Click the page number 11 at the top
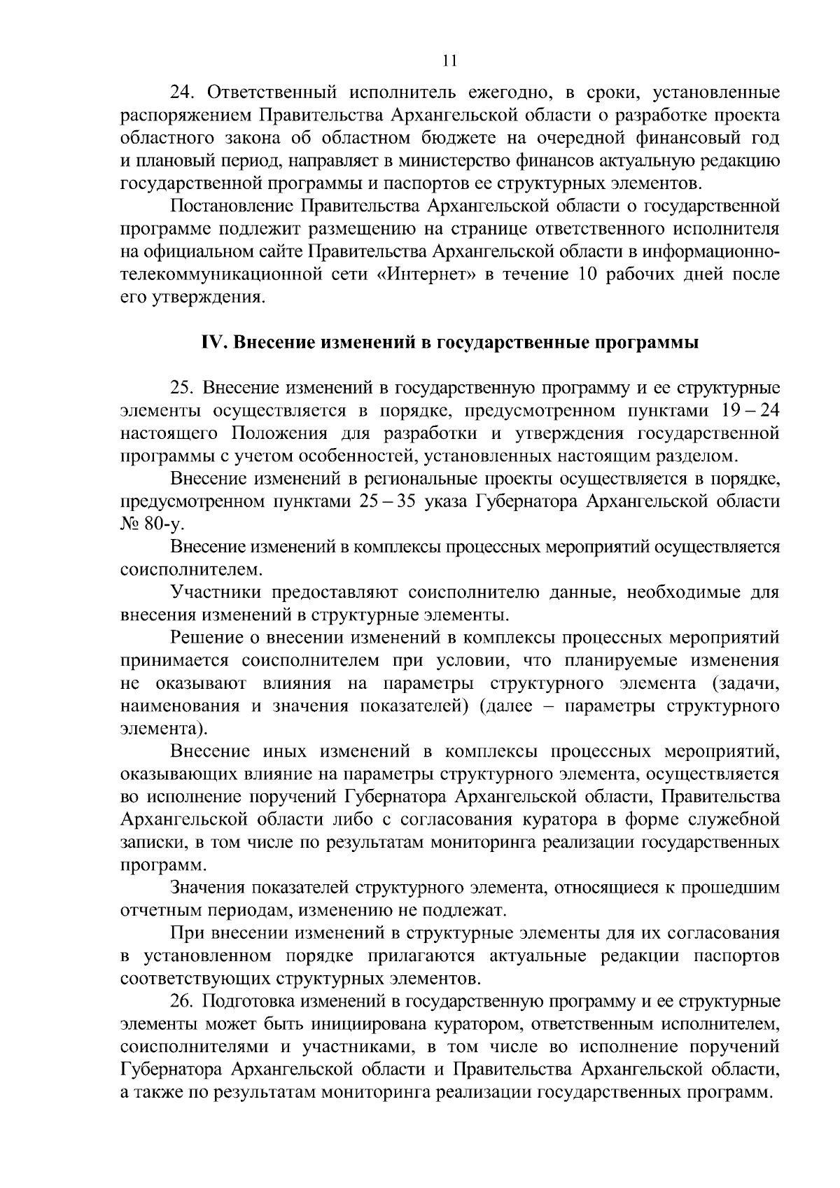click(x=450, y=61)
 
